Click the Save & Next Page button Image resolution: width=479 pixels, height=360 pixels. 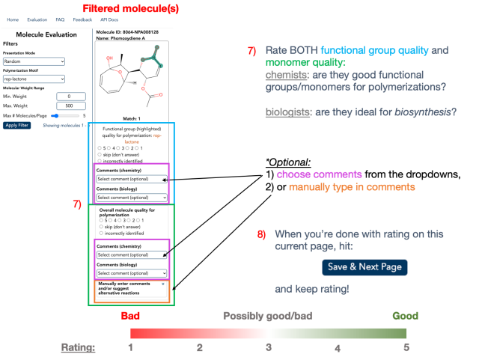click(365, 267)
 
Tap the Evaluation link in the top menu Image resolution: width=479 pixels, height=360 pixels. click(37, 19)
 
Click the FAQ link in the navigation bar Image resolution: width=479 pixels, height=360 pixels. click(60, 19)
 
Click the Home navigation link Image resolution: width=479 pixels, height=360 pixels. click(13, 19)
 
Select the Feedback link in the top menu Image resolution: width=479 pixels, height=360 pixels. click(82, 19)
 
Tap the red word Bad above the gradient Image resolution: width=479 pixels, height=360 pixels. click(131, 315)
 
